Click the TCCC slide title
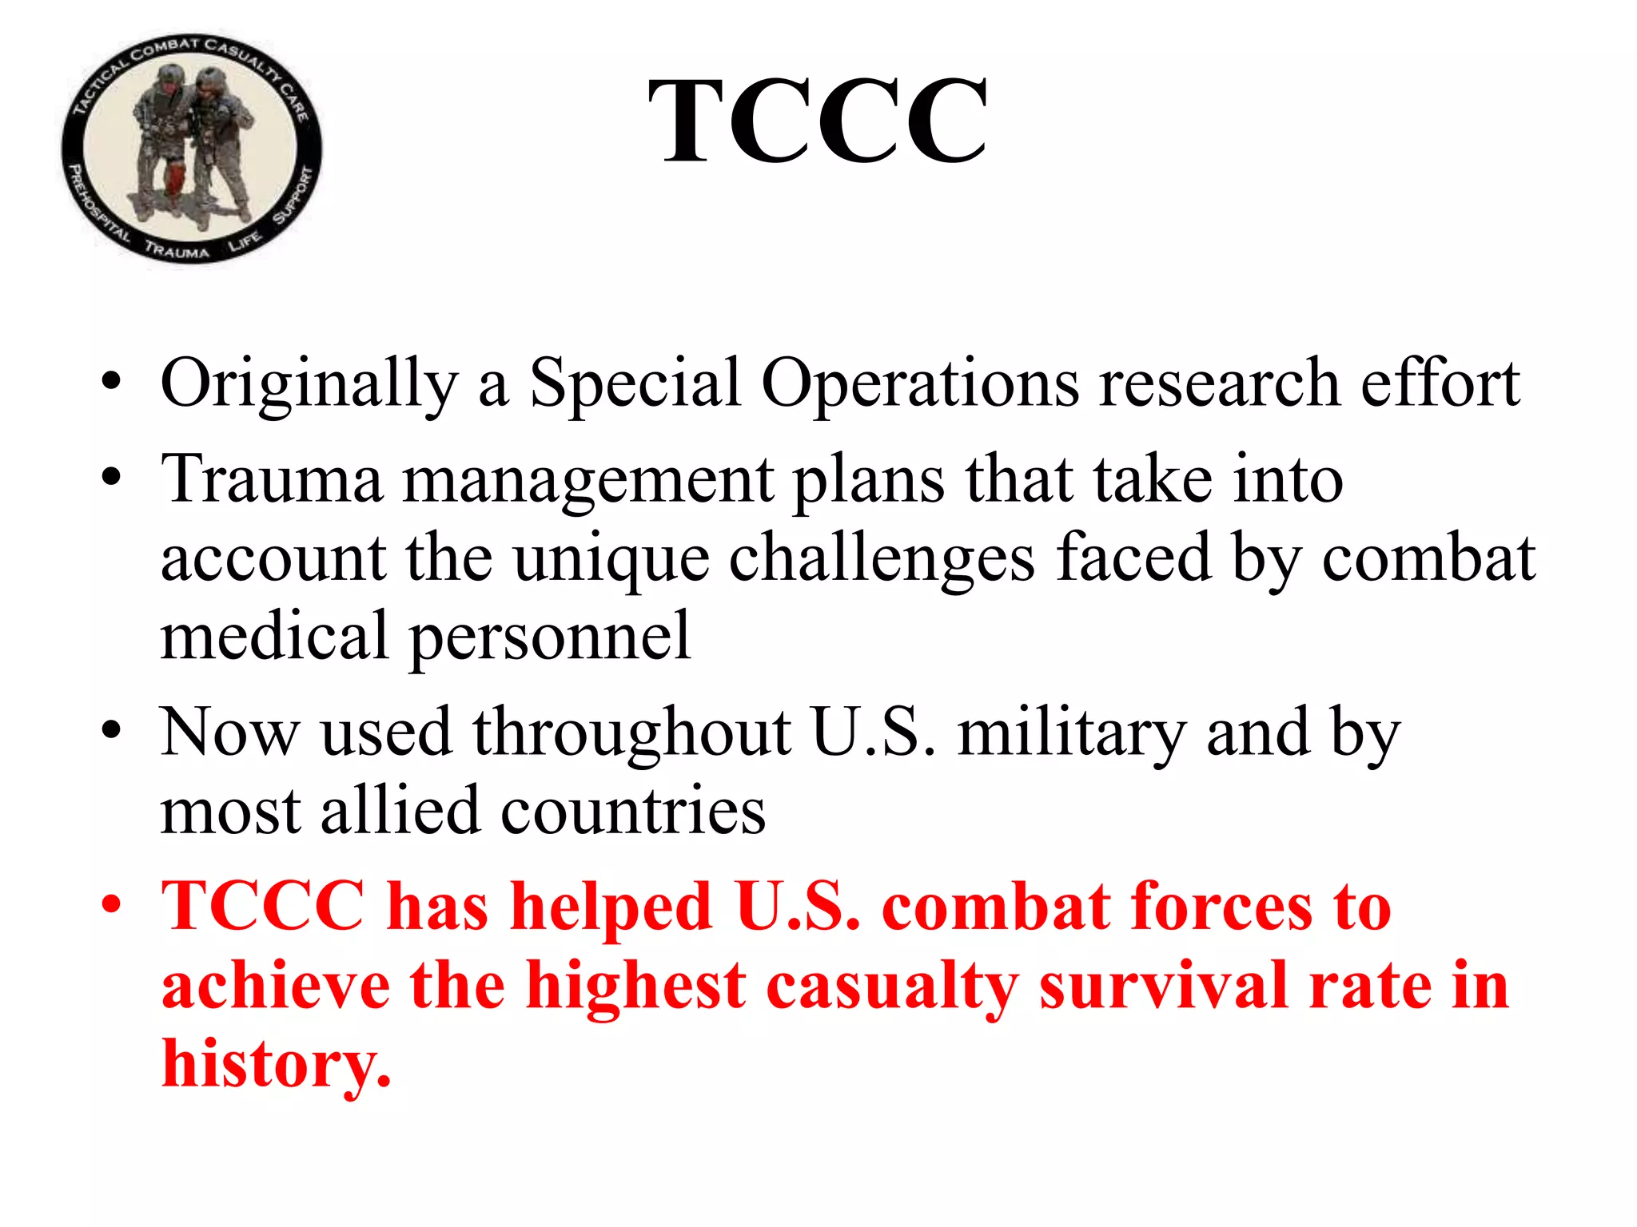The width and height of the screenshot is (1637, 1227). [817, 121]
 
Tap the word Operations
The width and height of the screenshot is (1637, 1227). [920, 383]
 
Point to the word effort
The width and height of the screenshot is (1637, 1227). [1440, 383]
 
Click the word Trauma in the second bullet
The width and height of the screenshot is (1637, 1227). [272, 479]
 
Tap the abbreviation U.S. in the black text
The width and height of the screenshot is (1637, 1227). [872, 733]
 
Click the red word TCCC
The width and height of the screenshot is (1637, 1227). [264, 907]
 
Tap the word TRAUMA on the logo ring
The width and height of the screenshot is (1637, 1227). [177, 251]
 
